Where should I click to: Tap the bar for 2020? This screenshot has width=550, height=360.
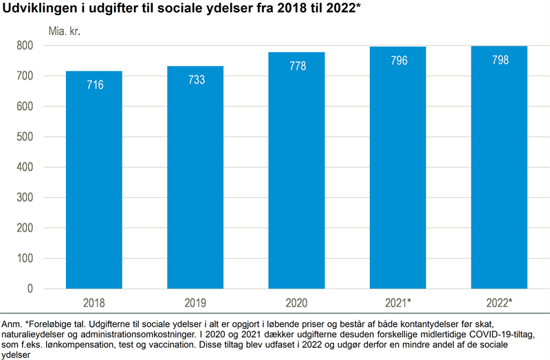click(297, 172)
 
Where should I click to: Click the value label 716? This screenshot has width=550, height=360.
click(93, 85)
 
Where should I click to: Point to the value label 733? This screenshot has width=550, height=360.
click(195, 80)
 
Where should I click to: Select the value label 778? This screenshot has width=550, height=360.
click(297, 66)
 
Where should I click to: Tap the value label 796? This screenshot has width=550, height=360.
click(399, 60)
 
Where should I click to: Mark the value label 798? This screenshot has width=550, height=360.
click(500, 60)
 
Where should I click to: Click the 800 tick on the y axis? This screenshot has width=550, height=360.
click(25, 46)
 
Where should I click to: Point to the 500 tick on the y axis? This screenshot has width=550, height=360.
click(25, 137)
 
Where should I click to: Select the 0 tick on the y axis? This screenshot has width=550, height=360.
click(30, 289)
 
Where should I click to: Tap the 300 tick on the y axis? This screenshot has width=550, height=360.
click(25, 198)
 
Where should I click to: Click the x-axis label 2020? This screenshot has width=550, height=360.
click(297, 302)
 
